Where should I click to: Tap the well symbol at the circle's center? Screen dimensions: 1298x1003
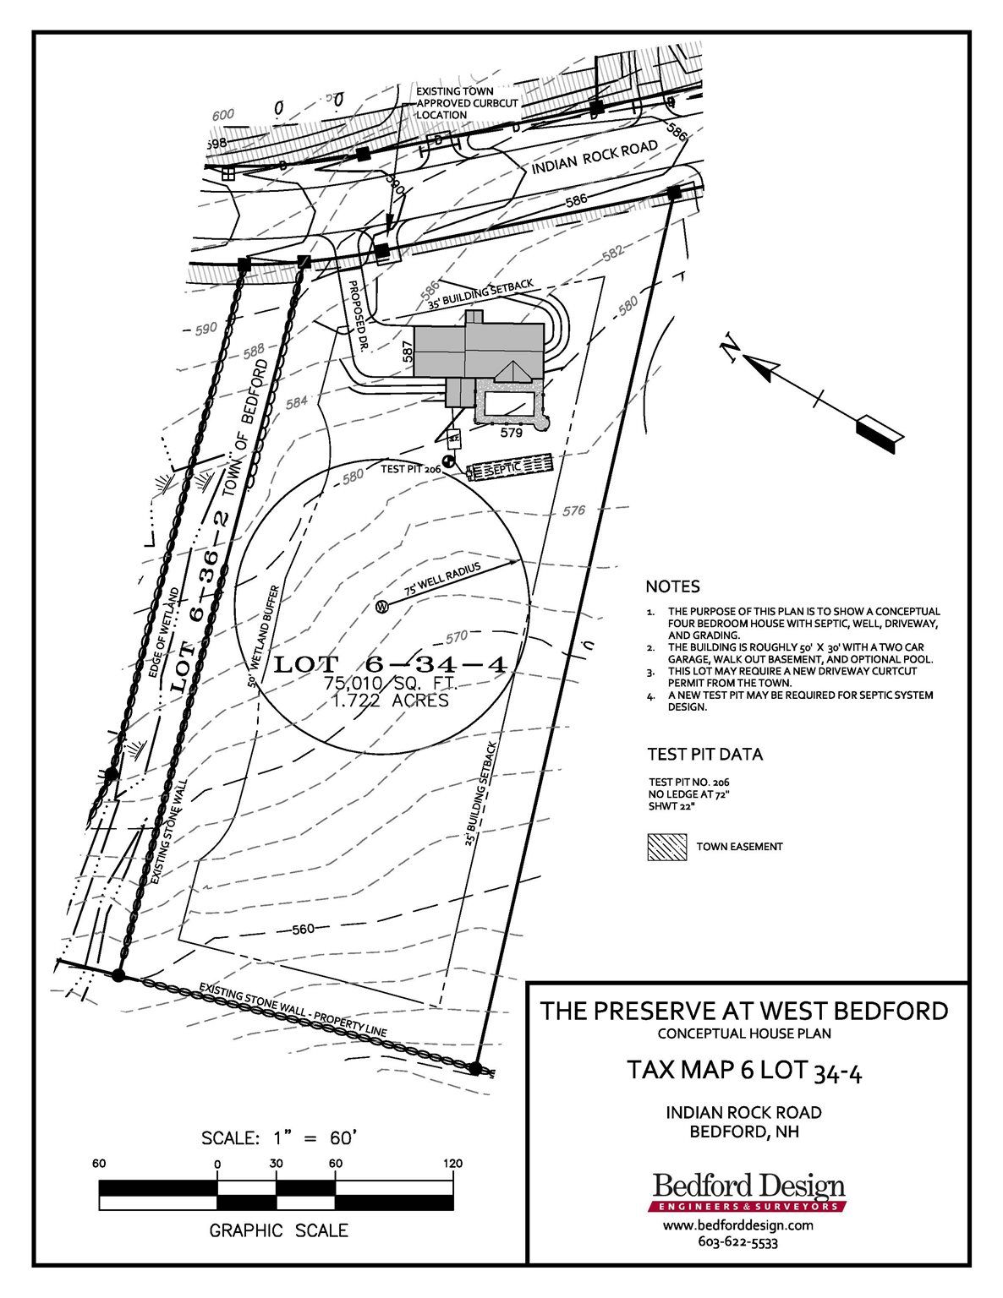(x=381, y=606)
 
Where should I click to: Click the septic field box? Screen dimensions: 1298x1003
(x=511, y=467)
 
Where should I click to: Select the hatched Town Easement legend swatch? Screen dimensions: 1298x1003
(x=666, y=847)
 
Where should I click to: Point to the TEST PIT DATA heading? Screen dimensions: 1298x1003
(x=704, y=754)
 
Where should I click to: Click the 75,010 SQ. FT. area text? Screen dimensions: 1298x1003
(x=390, y=683)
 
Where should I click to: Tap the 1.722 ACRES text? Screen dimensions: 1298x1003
(x=390, y=701)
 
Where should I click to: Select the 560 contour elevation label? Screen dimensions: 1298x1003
(x=303, y=930)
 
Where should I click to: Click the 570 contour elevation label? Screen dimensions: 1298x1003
(x=456, y=636)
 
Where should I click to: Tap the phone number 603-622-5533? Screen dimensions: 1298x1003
(x=737, y=1242)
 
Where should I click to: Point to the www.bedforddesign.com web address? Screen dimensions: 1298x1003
(x=737, y=1224)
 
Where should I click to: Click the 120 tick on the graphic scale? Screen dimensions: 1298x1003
(x=453, y=1164)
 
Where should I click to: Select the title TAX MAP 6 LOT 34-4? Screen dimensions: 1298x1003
(x=743, y=1072)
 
